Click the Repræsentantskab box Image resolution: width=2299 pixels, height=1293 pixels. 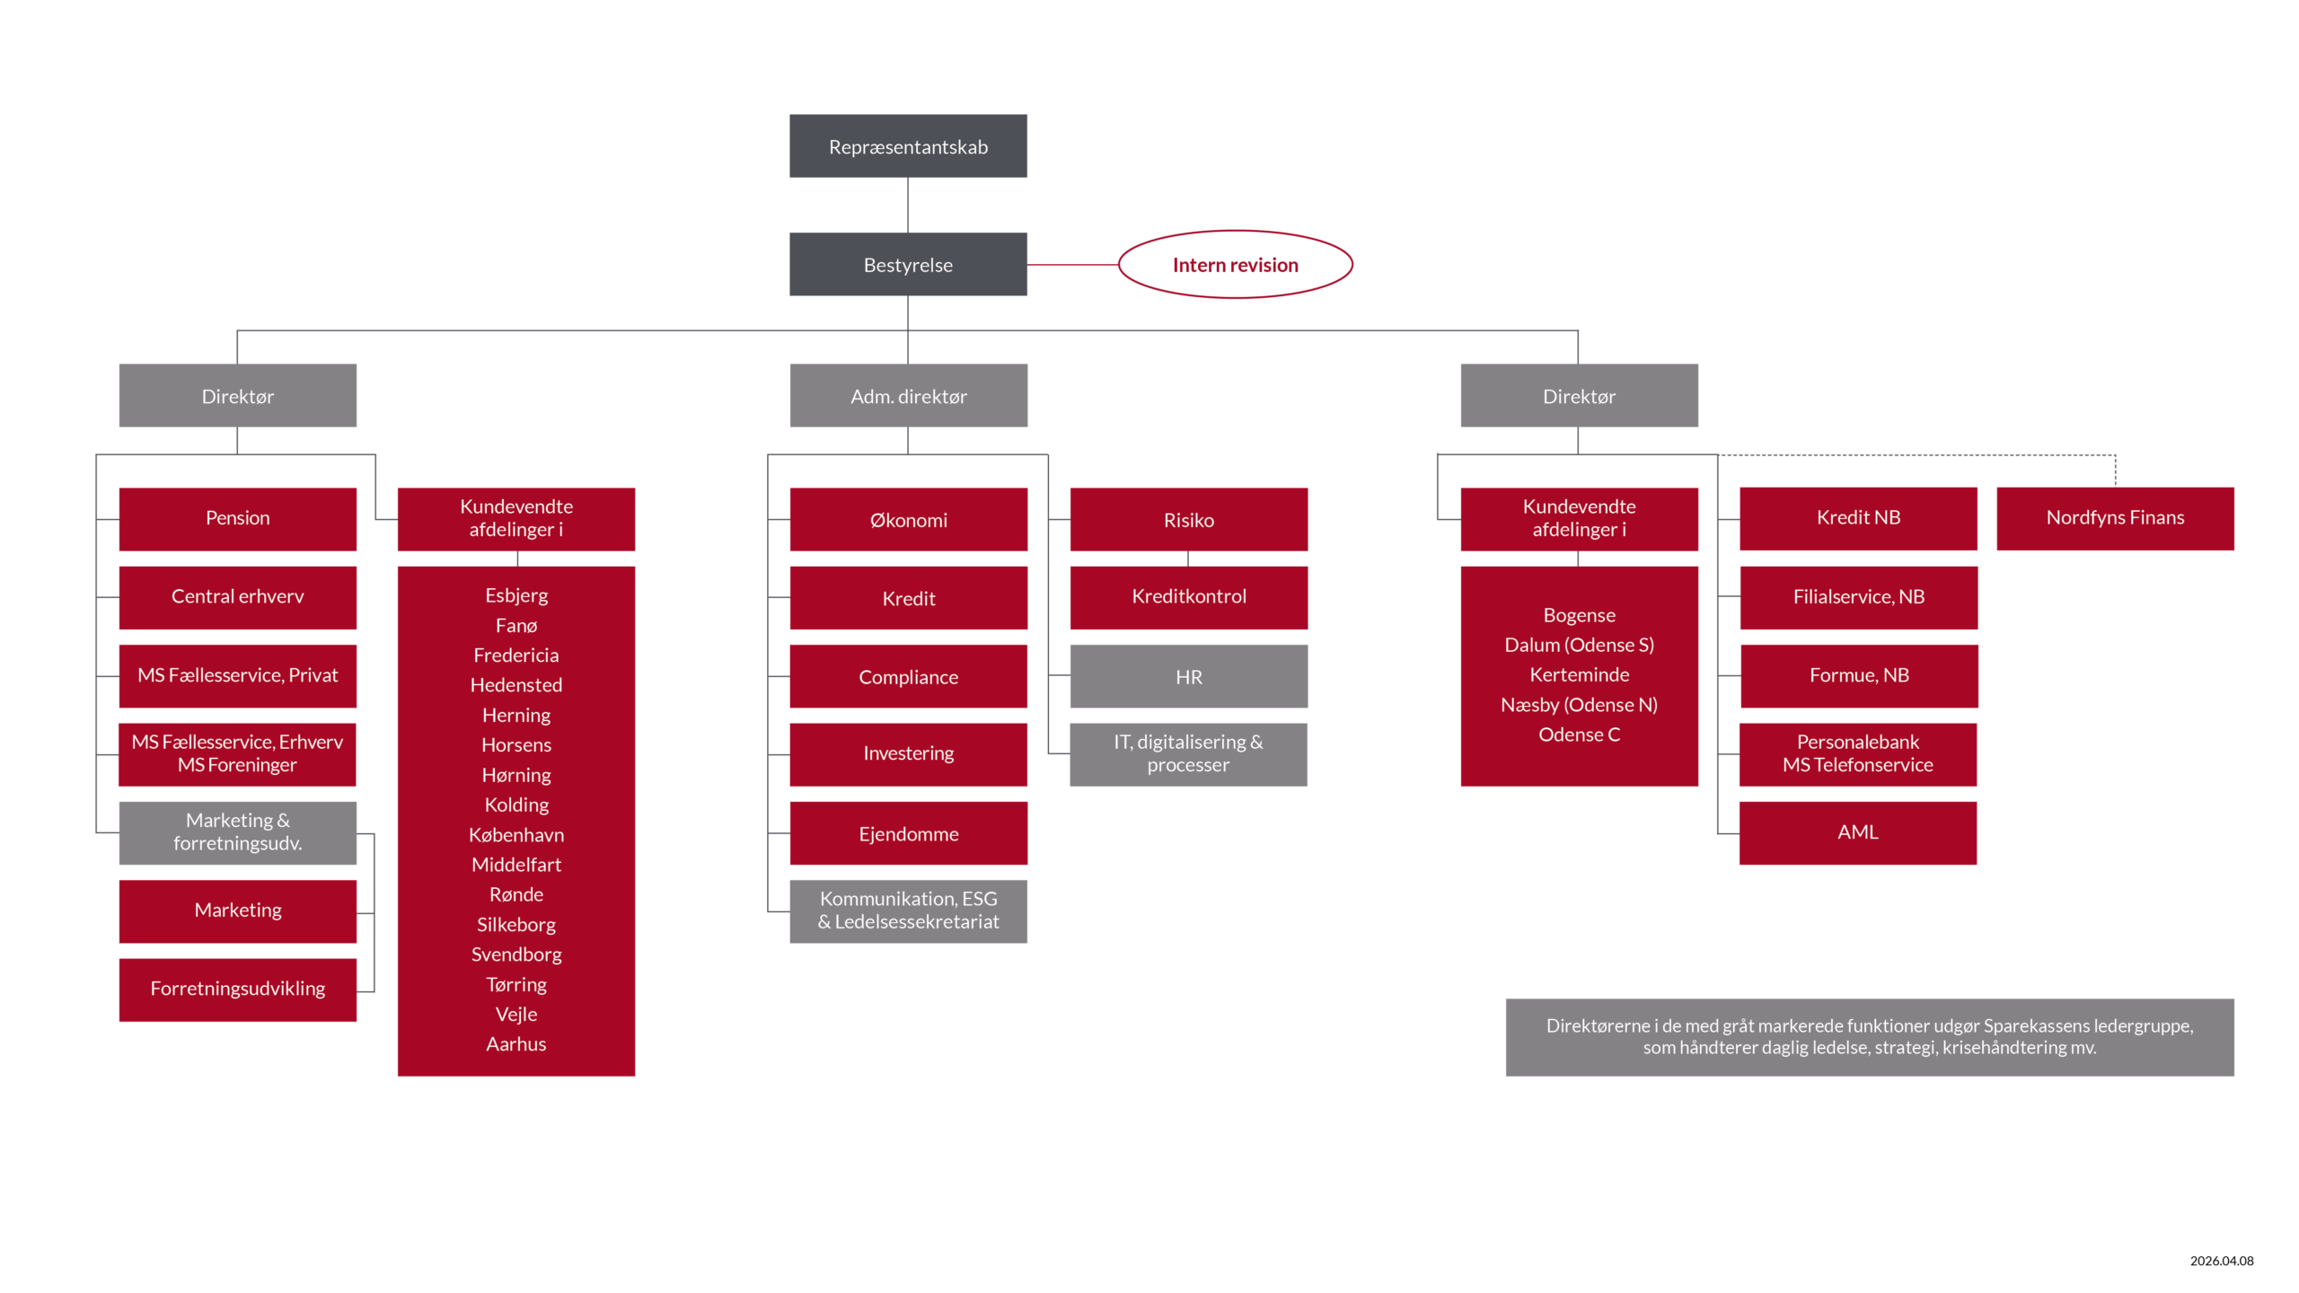[908, 146]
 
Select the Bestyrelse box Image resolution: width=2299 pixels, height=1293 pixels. [908, 265]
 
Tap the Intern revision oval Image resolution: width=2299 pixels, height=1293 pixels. [1235, 265]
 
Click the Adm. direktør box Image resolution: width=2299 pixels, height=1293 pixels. [908, 396]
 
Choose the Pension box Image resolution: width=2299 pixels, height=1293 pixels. [237, 518]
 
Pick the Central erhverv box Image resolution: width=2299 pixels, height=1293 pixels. [237, 597]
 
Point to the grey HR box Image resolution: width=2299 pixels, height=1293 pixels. [1188, 677]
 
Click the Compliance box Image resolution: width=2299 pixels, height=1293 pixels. [908, 677]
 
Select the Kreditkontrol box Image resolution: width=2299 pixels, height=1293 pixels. [1188, 597]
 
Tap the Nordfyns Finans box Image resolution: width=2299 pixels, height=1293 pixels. [2115, 518]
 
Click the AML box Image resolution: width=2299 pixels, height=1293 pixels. [1857, 832]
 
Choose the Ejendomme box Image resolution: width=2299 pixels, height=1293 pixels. [908, 834]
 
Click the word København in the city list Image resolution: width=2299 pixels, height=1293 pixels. [516, 835]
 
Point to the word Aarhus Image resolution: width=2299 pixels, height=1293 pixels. [516, 1044]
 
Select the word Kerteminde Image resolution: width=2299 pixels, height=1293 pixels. [1579, 675]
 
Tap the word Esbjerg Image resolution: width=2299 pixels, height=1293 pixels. [516, 595]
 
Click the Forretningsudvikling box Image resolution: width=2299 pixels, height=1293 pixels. [237, 989]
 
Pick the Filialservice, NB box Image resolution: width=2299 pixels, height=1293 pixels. [1858, 597]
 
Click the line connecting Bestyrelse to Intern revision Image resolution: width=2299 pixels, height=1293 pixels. [1072, 265]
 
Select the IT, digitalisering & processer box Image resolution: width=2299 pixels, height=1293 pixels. [1188, 754]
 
